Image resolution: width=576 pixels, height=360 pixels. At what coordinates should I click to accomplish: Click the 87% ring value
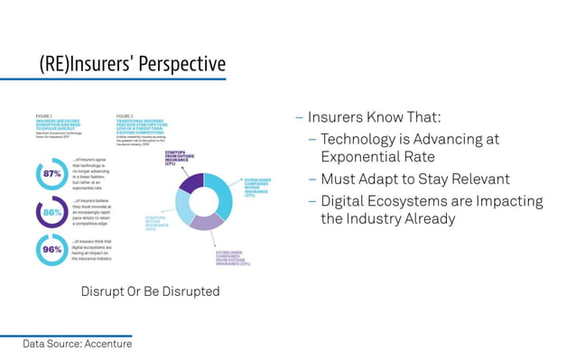click(51, 173)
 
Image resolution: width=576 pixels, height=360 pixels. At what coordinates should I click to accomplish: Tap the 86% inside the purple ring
click(51, 212)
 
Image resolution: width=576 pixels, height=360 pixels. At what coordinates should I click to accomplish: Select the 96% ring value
click(51, 250)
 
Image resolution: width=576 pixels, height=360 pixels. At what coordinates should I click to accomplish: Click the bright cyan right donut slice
click(222, 194)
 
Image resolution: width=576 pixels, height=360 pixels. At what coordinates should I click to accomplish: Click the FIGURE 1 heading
click(44, 116)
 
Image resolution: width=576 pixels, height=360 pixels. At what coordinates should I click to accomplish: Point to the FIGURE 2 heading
click(125, 116)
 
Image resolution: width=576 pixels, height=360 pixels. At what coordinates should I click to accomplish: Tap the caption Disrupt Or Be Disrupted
click(150, 291)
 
